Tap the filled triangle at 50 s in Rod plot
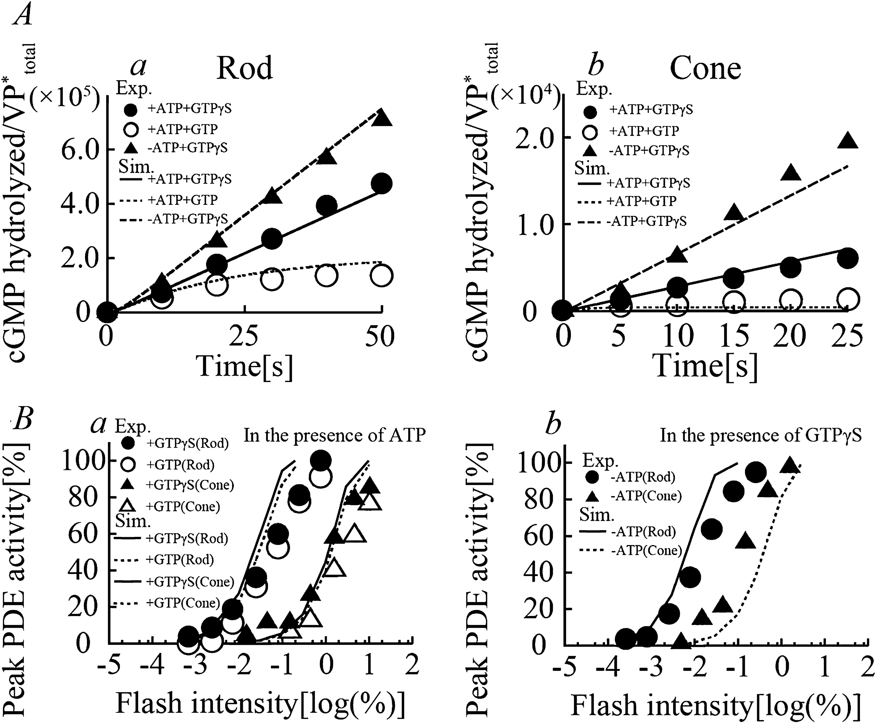(x=382, y=119)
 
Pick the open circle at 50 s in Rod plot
(x=381, y=275)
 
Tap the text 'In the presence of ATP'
(x=334, y=436)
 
